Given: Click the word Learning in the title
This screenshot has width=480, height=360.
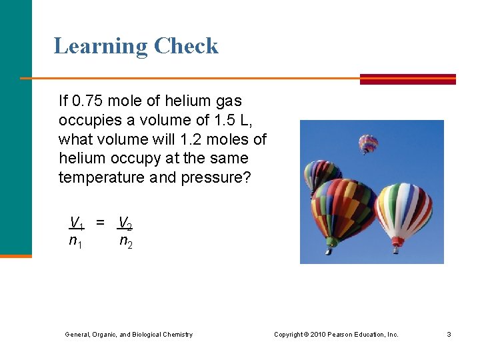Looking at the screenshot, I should pos(101,47).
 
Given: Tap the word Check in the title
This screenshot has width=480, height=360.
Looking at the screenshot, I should pos(186,46).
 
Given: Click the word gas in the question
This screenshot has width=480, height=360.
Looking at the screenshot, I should pos(228,101).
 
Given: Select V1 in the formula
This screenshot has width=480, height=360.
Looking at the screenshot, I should pos(77,223).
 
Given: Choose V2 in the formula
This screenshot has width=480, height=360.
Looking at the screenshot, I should pos(125,223).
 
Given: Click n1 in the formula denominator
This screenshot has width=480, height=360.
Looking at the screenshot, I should pos(76,242).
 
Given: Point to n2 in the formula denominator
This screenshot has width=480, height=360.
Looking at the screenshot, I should pos(125,242).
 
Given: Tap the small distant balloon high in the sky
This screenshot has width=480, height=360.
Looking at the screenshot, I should pos(368,143).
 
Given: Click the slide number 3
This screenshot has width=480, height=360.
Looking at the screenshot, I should pos(449,335).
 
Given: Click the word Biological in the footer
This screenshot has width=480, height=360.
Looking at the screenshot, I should pos(147,335).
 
